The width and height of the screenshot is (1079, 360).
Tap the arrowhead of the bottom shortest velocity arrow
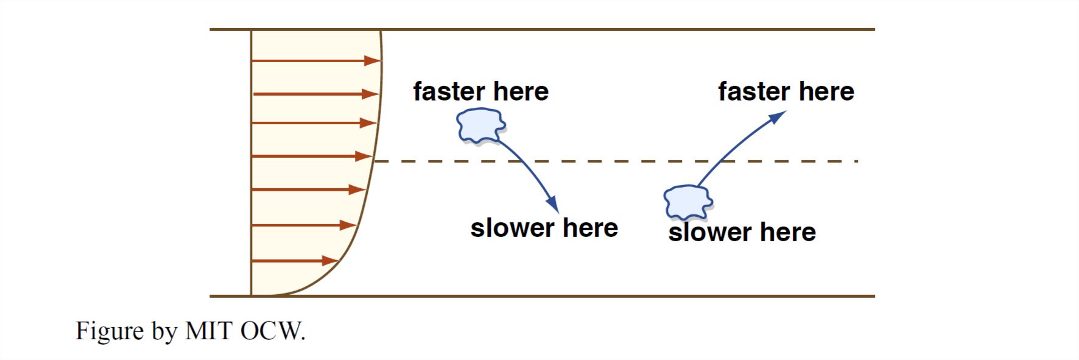coord(331,261)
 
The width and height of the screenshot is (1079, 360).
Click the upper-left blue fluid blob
coord(480,125)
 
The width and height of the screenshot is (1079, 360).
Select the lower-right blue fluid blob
coord(687,202)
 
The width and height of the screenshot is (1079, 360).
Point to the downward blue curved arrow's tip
coord(554,206)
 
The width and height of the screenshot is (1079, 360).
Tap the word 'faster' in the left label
coord(449,92)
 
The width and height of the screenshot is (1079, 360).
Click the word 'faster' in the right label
coord(754,92)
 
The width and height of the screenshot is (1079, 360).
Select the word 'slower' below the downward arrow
coord(512,228)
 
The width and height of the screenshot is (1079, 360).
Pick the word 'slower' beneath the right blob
coord(709,233)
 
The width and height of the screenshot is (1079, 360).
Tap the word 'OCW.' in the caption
coord(273,331)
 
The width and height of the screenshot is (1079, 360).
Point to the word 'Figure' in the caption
coord(110,331)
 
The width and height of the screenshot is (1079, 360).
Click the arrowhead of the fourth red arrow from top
coord(364,157)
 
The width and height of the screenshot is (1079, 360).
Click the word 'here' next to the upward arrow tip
coord(826,92)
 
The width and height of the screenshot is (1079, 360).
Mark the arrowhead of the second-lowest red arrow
coord(348,225)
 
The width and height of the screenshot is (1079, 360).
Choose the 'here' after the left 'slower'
coord(590,228)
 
